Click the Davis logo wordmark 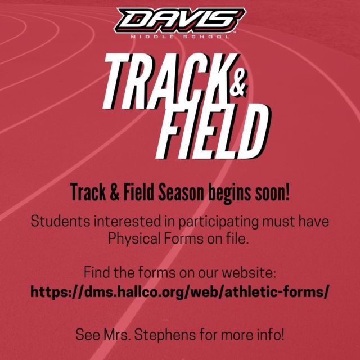click(181, 21)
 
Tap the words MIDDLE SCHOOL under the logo click(180, 37)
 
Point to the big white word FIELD click(214, 131)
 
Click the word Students click(60, 221)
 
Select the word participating click(218, 222)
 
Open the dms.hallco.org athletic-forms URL click(180, 292)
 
